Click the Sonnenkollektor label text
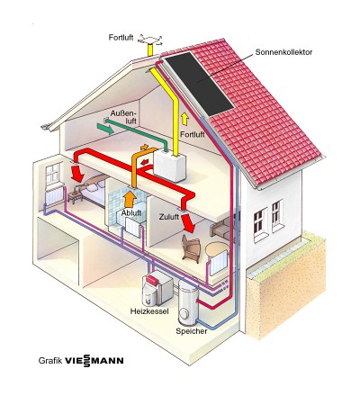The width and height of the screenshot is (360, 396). pyautogui.click(x=283, y=52)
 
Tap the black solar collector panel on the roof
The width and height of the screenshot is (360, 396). pyautogui.click(x=200, y=84)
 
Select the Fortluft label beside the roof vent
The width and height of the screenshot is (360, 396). pyautogui.click(x=121, y=38)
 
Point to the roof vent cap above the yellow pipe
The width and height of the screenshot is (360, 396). pyautogui.click(x=150, y=40)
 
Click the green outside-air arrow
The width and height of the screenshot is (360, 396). pyautogui.click(x=105, y=129)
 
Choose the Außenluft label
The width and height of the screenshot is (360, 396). pyautogui.click(x=123, y=117)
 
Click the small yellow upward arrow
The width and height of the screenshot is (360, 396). pyautogui.click(x=184, y=119)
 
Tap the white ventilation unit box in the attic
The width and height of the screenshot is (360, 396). pyautogui.click(x=169, y=166)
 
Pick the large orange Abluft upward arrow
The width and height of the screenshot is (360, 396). pyautogui.click(x=130, y=199)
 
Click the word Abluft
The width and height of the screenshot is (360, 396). pyautogui.click(x=131, y=213)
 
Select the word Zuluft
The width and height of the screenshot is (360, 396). pyautogui.click(x=169, y=217)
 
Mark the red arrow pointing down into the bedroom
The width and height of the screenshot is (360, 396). pyautogui.click(x=77, y=173)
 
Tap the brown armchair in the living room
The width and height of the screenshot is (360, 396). pyautogui.click(x=191, y=247)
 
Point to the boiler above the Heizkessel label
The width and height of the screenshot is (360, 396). pyautogui.click(x=157, y=287)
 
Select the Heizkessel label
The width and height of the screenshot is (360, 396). pyautogui.click(x=149, y=311)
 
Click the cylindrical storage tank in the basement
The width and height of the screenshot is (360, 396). pyautogui.click(x=188, y=301)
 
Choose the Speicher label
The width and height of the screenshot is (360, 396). pyautogui.click(x=192, y=331)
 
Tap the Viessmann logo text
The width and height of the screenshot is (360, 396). pyautogui.click(x=94, y=360)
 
